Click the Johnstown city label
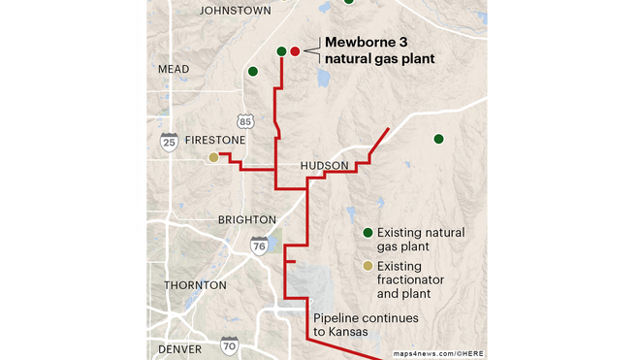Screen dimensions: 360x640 pos(235,11)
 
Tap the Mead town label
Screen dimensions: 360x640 pos(174,70)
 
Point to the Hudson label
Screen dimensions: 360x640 pos(324,167)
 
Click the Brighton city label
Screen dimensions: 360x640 pos(246,220)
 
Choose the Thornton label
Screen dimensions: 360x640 pos(195,285)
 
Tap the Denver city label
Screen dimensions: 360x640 pos(179,348)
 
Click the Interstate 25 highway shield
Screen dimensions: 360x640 pos(169,142)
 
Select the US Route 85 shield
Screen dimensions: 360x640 pos(246,120)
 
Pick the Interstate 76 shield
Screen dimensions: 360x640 pos(259,245)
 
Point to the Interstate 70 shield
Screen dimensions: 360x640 pos(229,345)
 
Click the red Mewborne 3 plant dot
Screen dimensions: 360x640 pos(295,50)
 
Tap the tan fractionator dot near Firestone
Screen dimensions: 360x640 pos(213,157)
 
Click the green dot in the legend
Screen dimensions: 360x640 pos(368,233)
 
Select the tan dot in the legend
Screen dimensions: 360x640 pos(368,266)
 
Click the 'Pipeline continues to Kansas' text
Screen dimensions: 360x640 pos(351,325)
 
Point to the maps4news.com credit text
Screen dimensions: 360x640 pos(437,353)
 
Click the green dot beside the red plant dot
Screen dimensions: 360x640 pos(281,50)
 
